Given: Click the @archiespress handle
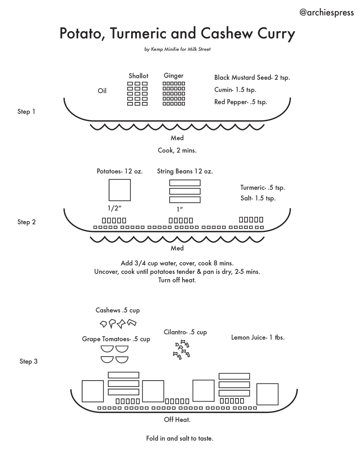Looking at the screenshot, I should coord(326,12).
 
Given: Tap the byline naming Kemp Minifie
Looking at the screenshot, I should coord(177,49).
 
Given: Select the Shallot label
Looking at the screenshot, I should coord(139,76).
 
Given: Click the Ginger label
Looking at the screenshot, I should coord(174,75).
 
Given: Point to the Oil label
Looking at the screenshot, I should coord(102,91).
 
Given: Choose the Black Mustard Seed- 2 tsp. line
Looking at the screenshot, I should coord(252,77).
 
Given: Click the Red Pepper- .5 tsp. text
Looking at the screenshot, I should coord(241,102).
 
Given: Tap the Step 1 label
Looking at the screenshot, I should coord(26,112).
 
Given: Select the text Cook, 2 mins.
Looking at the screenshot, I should coord(177,150).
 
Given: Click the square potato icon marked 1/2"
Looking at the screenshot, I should coord(119,190).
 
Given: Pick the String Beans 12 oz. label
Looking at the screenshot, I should coord(185,171).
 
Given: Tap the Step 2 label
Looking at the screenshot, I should coord(26,222).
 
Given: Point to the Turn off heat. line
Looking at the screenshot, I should coord(177,280).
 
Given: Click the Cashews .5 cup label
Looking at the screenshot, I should coord(118,310).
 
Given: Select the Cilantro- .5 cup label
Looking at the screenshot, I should coord(185,332).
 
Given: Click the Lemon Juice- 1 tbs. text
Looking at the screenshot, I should coord(258,337).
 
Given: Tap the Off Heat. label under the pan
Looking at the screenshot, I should coord(177,420).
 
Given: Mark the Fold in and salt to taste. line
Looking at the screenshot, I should coord(180,438).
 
